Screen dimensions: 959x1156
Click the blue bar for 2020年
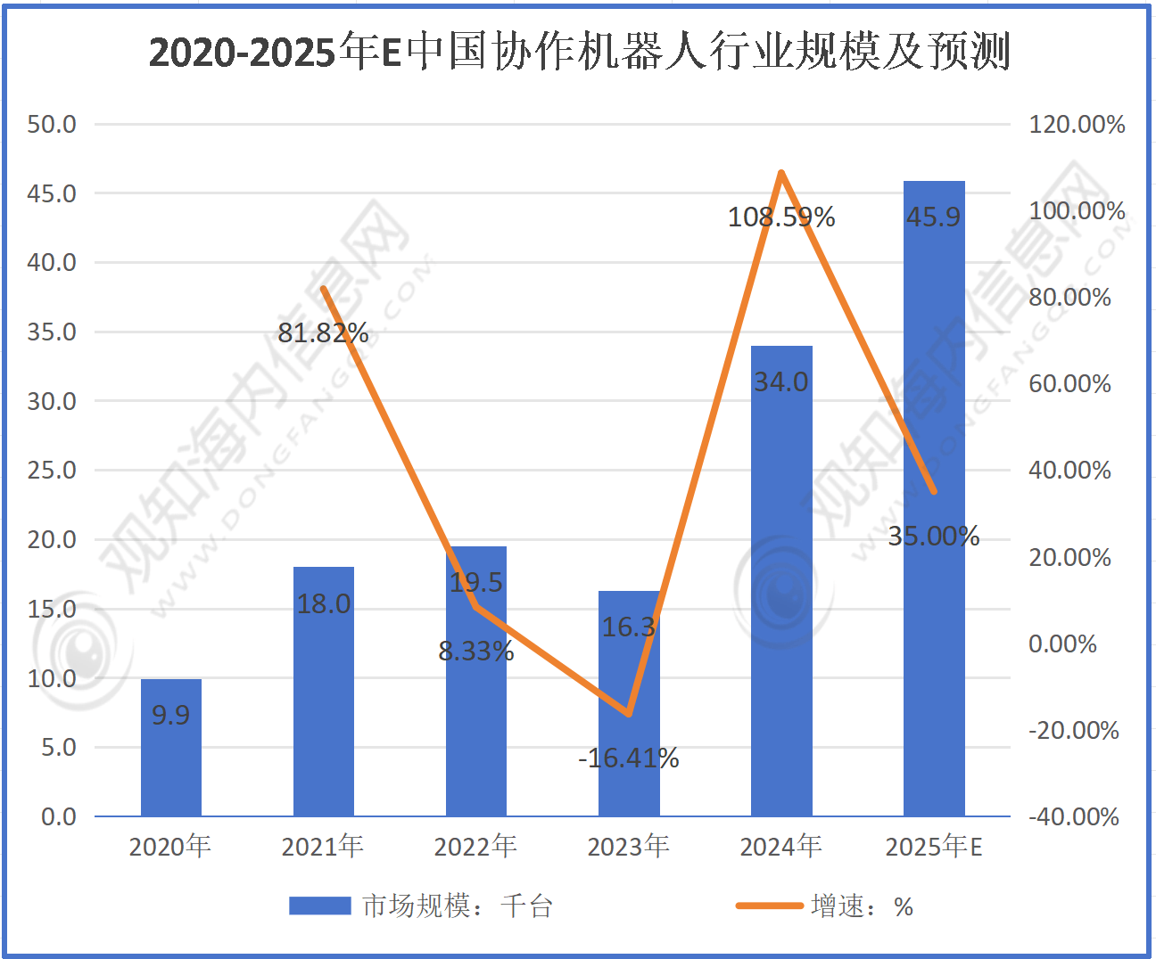[x=170, y=749]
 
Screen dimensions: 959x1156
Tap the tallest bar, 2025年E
[x=934, y=499]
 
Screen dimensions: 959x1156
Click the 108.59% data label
[x=781, y=217]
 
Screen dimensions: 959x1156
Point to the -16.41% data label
[x=629, y=758]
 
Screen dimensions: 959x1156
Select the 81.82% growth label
[x=323, y=333]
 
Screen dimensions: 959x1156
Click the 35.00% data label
[x=934, y=537]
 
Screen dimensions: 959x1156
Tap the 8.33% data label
[x=476, y=652]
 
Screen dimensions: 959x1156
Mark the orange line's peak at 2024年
[x=781, y=173]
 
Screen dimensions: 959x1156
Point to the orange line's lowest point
[x=629, y=714]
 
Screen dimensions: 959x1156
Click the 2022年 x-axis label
[x=475, y=846]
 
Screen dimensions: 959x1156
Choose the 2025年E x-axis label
[x=934, y=846]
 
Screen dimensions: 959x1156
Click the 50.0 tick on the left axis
[x=52, y=124]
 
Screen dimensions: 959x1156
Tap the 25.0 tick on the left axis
[x=52, y=470]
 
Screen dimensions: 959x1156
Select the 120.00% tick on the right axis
[x=1077, y=124]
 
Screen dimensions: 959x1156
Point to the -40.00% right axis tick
[x=1073, y=816]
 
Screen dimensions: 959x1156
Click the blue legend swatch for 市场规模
[x=319, y=906]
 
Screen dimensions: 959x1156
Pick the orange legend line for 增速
[x=769, y=906]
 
